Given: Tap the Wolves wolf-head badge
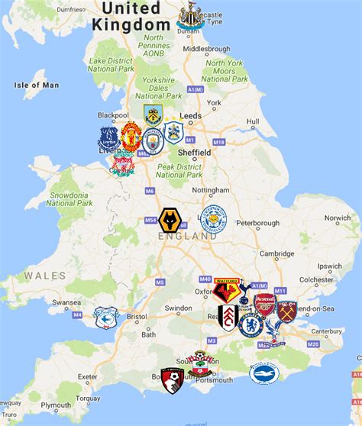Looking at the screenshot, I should click(171, 221).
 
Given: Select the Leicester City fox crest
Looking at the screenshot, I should click(214, 219).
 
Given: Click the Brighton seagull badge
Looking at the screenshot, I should click(265, 373).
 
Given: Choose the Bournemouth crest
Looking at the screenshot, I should click(173, 379).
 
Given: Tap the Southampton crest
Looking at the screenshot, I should click(199, 364).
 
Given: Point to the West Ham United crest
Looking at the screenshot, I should click(287, 311).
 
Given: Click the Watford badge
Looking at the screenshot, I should click(227, 289).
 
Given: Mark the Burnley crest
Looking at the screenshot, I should click(154, 115).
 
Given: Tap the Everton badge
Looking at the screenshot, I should click(109, 139).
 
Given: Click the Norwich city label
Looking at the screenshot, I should click(337, 218).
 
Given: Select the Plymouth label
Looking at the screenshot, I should click(57, 405).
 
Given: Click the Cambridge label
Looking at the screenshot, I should click(276, 253).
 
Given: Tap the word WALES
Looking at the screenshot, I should click(39, 275).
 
